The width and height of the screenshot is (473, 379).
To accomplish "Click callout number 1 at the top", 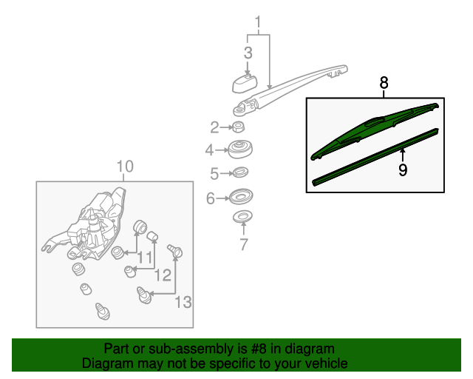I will tap(259, 21).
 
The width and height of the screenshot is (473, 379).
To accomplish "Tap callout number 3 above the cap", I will tap(248, 53).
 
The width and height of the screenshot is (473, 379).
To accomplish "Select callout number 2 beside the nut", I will tap(214, 127).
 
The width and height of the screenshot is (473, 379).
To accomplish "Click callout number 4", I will tap(210, 150).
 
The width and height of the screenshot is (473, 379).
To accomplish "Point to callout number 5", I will tap(214, 175).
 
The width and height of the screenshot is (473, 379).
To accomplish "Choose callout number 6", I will tap(210, 198).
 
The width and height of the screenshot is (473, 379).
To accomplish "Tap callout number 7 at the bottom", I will tap(243, 245).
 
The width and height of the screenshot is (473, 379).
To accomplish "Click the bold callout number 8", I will tap(384, 83).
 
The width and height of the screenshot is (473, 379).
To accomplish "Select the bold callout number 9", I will tap(403, 170).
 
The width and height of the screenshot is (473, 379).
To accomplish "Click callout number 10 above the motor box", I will tap(125, 167).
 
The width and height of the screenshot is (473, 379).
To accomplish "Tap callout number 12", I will tap(163, 275).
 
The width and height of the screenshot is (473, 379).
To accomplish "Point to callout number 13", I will tap(183, 301).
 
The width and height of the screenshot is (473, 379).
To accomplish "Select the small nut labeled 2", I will tap(240, 127).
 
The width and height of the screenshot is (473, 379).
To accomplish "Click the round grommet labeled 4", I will tap(239, 150).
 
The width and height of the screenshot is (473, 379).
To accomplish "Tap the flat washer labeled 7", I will tap(242, 218).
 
